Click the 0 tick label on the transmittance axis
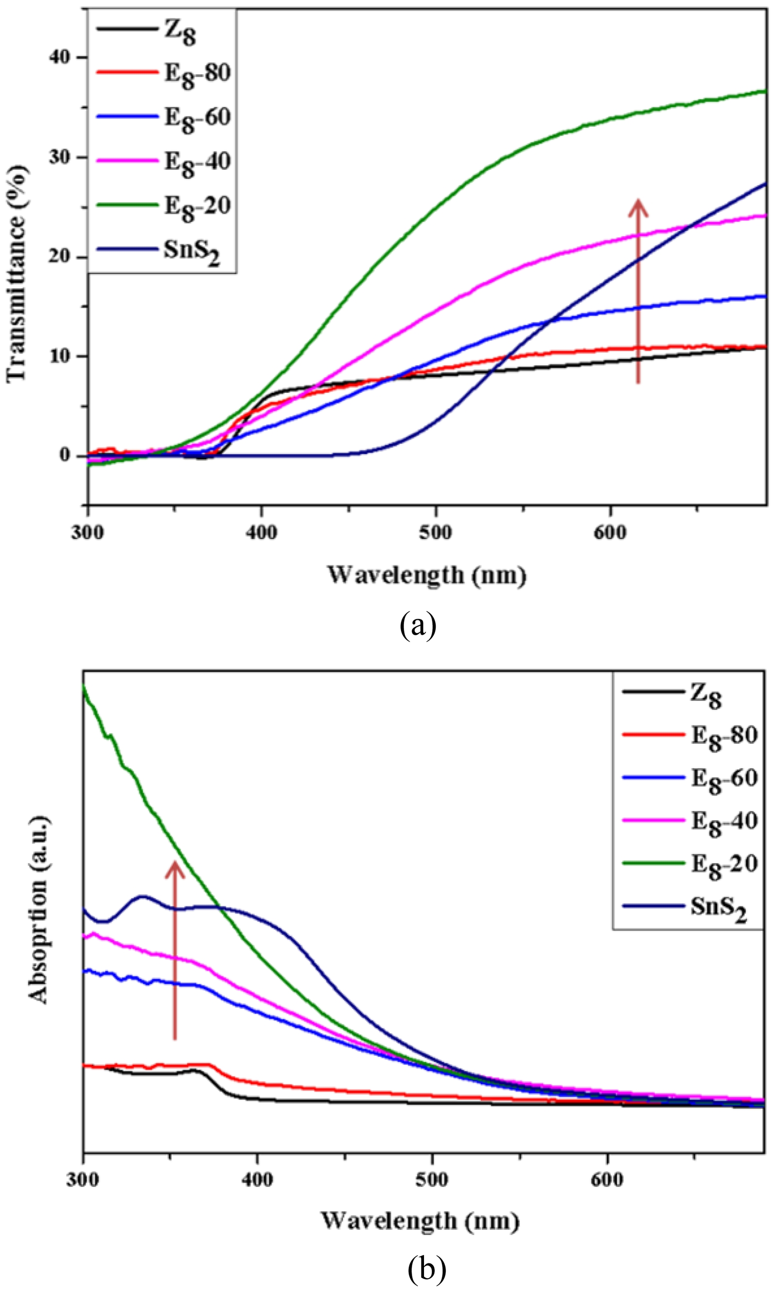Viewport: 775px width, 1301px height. (65, 455)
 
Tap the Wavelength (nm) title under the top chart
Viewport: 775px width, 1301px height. (427, 575)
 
